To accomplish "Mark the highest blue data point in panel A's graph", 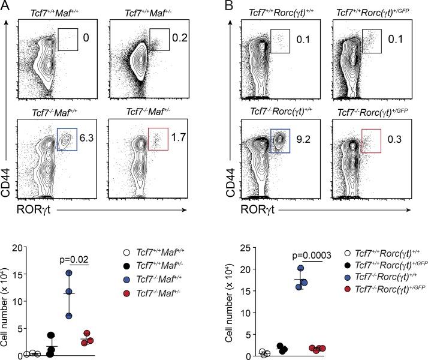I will [70, 273].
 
